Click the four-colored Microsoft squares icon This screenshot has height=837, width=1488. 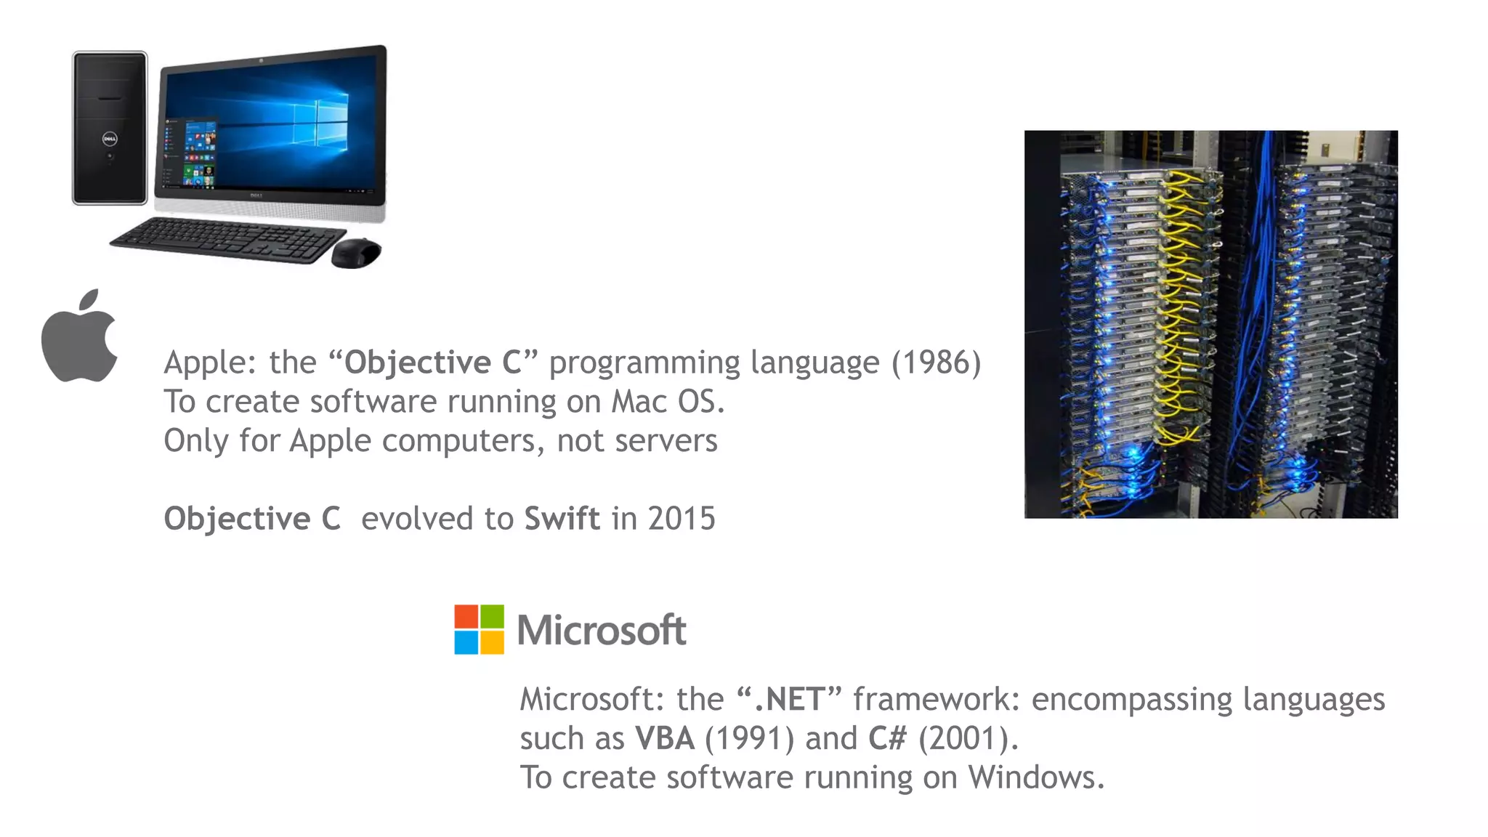point(479,629)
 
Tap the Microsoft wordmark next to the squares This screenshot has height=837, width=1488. point(602,630)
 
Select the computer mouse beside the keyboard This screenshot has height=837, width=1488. point(356,253)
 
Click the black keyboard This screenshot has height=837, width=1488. point(227,239)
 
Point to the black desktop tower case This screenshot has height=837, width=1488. point(110,128)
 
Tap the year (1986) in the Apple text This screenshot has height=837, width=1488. point(936,363)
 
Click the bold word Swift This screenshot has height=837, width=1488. point(562,519)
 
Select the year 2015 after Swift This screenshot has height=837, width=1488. point(682,519)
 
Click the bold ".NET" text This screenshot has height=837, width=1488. point(788,700)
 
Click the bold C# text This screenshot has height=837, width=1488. point(888,739)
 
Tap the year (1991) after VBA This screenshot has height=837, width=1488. point(749,739)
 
